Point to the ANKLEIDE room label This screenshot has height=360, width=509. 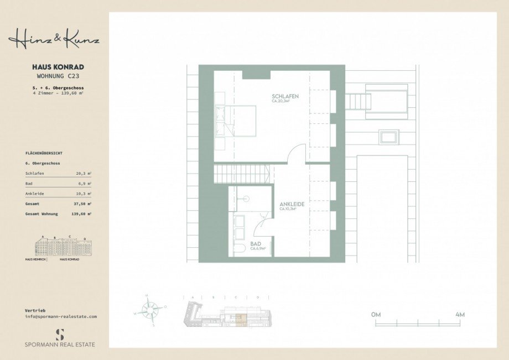coord(292,204)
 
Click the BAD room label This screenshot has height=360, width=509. coord(256,243)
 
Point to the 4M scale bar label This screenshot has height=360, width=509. coord(459,314)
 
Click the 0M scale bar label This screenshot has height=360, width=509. coord(376,314)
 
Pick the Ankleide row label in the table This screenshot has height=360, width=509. coord(33,194)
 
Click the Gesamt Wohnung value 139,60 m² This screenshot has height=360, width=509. coord(82,213)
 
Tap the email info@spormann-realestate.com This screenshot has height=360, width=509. coord(61,316)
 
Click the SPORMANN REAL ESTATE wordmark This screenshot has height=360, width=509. coord(60,345)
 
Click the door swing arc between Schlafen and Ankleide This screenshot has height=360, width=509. coord(297,152)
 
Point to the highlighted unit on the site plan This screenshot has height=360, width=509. coord(240,317)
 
